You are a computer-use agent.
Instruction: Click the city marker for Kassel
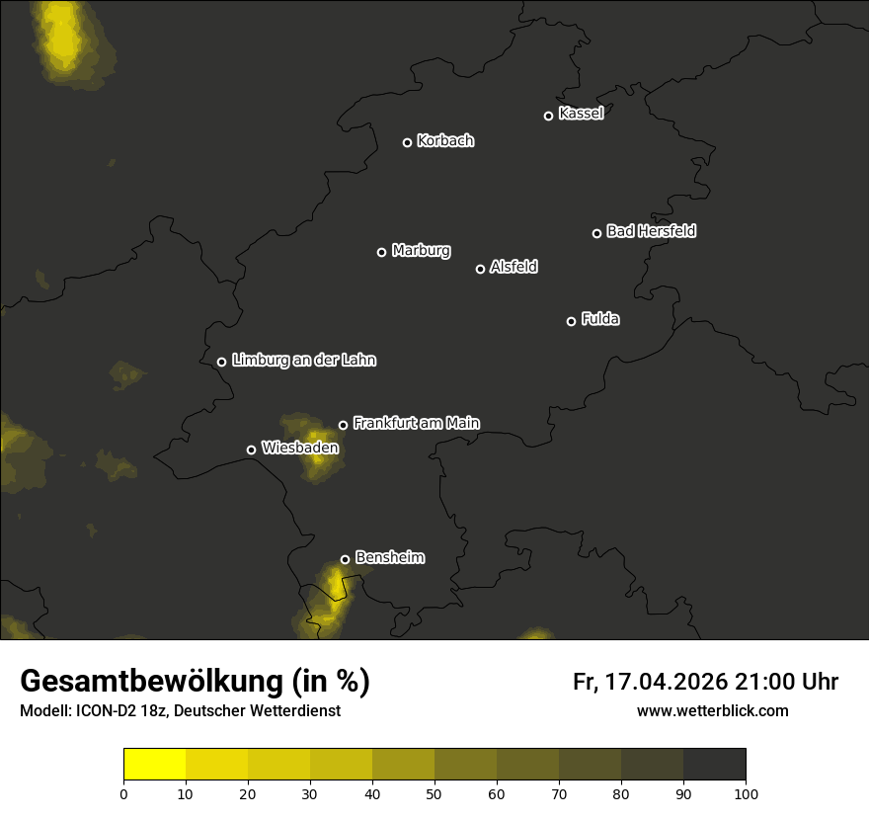(x=548, y=116)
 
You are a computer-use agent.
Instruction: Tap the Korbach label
(x=445, y=141)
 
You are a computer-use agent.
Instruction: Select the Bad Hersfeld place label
(x=651, y=231)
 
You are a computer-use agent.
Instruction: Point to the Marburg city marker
(x=381, y=252)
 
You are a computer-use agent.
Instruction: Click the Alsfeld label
(x=513, y=267)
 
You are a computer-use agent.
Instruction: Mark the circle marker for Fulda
(x=571, y=321)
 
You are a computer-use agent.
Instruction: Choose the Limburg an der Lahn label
(x=303, y=361)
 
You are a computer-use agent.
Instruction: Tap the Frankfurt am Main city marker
(x=343, y=425)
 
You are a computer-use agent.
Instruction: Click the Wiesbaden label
(x=300, y=448)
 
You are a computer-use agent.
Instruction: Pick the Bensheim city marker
(x=345, y=559)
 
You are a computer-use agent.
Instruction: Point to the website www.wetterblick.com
(x=712, y=711)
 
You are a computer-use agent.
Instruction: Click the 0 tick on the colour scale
(x=123, y=793)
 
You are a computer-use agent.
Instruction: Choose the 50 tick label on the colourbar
(x=434, y=793)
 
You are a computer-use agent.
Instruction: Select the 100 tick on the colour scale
(x=746, y=793)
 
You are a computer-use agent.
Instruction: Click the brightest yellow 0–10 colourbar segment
(x=154, y=765)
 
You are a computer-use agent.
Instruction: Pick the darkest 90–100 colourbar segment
(x=714, y=765)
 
